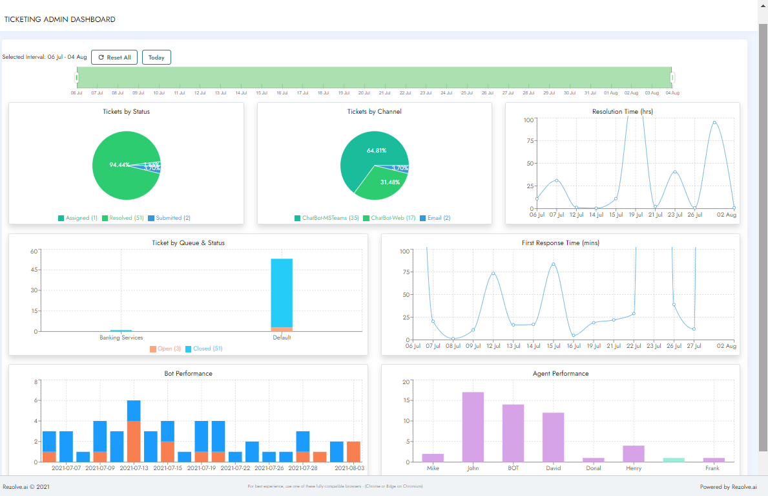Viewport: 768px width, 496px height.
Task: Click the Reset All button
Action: (x=114, y=58)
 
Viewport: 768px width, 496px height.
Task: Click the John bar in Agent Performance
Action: (x=473, y=427)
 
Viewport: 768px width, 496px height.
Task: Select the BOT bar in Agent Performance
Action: (x=513, y=433)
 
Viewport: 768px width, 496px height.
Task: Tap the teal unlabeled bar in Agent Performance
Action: (x=673, y=460)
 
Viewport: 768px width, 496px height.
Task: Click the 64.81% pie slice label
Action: (x=376, y=151)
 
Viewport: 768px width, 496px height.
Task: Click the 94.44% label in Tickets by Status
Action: (x=119, y=165)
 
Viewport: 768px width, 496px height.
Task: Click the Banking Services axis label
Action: (x=121, y=338)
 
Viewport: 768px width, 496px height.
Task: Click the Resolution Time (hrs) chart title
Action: (x=622, y=112)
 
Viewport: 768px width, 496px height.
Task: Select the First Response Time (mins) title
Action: (x=560, y=243)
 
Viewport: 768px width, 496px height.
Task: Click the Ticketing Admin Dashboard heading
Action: (x=60, y=19)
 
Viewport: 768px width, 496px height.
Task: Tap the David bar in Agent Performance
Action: (x=553, y=437)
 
